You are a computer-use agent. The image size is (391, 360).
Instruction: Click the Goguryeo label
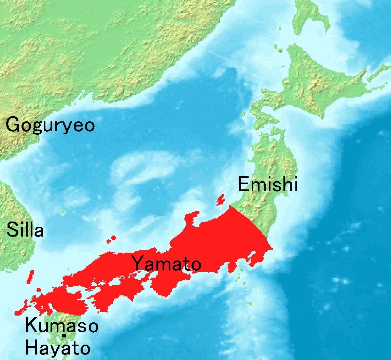click(50, 125)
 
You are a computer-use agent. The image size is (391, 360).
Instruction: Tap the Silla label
click(25, 230)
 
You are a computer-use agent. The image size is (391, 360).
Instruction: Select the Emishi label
click(268, 185)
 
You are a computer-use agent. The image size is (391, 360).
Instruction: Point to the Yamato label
click(166, 264)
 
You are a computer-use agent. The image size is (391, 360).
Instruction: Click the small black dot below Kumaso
click(64, 336)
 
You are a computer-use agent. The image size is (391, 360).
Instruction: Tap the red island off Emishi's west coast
click(221, 200)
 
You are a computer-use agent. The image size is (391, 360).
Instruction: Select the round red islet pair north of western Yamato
click(112, 239)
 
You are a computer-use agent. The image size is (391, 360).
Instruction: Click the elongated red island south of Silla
click(30, 277)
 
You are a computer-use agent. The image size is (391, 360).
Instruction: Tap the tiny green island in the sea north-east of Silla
click(63, 212)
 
